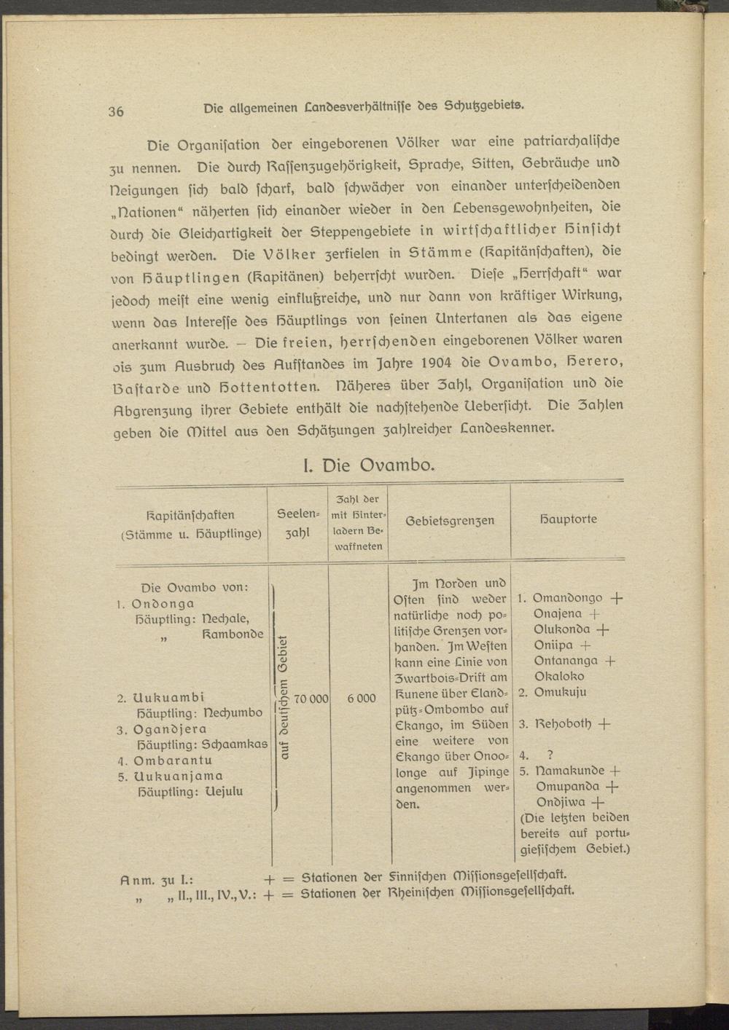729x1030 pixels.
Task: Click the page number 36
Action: click(x=116, y=111)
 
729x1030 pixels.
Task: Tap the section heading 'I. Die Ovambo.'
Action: click(x=368, y=465)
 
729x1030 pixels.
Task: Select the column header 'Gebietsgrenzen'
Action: click(x=449, y=521)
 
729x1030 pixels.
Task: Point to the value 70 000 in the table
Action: click(x=311, y=698)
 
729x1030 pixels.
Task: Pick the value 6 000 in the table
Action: click(x=362, y=698)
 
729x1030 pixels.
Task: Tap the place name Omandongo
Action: click(x=568, y=598)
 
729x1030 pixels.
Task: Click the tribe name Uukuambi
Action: click(x=169, y=697)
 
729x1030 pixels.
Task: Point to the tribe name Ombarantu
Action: click(x=173, y=760)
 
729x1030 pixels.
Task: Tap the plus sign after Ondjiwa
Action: click(x=599, y=803)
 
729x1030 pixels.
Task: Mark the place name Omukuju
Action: click(x=560, y=692)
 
